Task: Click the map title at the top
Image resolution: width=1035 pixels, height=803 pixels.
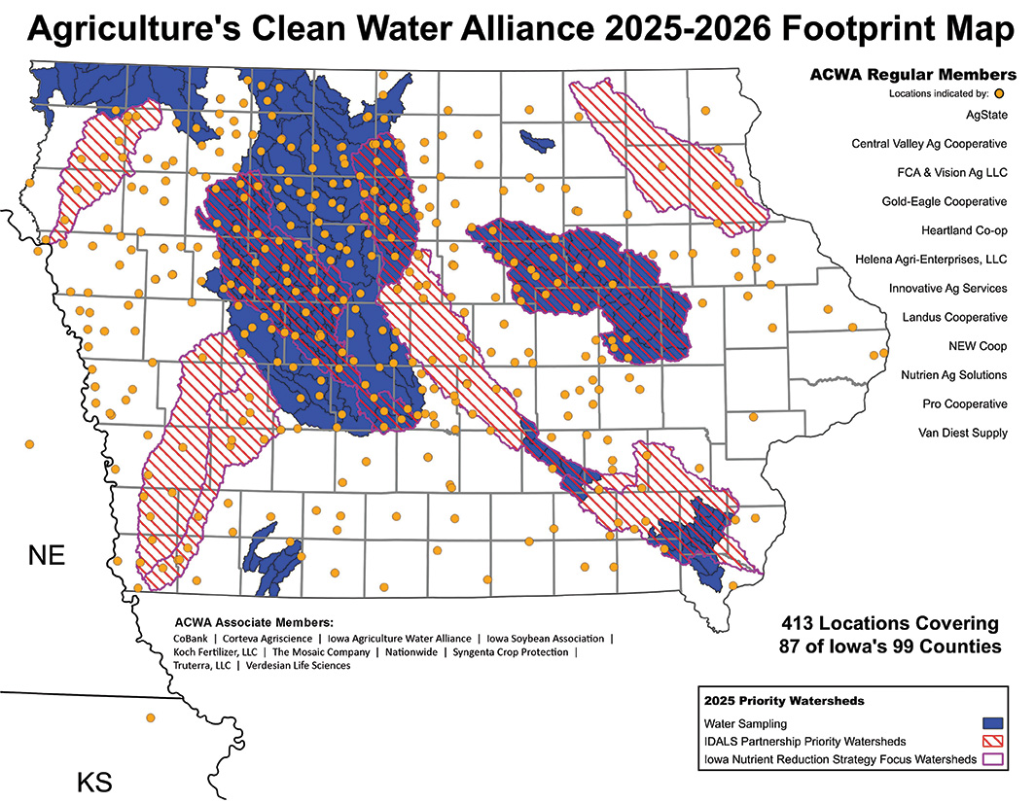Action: pyautogui.click(x=517, y=28)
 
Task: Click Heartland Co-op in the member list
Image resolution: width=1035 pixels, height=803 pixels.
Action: pyautogui.click(x=964, y=230)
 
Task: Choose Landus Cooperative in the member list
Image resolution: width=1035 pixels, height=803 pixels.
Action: pyautogui.click(x=954, y=317)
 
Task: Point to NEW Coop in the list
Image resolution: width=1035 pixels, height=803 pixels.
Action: pyautogui.click(x=978, y=346)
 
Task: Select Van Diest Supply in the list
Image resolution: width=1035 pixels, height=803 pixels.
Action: pyautogui.click(x=963, y=433)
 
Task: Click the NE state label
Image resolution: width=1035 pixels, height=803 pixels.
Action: pyautogui.click(x=46, y=556)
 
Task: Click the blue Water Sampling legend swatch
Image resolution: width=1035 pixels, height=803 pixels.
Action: pyautogui.click(x=992, y=723)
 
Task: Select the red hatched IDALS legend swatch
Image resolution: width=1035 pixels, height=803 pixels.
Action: pyautogui.click(x=992, y=741)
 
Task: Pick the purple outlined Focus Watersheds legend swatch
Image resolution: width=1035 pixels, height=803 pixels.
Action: pyautogui.click(x=992, y=758)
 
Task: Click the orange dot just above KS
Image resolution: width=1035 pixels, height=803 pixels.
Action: pyautogui.click(x=150, y=718)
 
